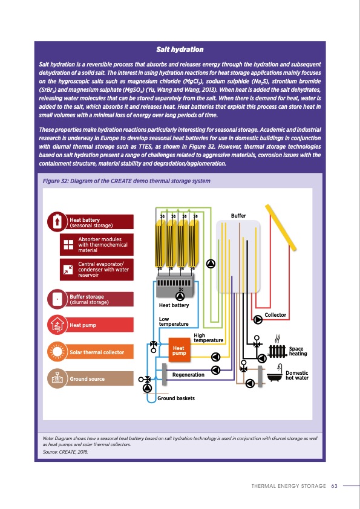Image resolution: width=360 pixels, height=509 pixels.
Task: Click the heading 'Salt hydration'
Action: [x=180, y=48]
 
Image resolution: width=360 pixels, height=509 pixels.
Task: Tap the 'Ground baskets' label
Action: [x=175, y=398]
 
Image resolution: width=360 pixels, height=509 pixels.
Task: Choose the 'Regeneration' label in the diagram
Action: [x=188, y=375]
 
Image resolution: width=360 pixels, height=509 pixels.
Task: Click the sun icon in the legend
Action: [x=57, y=352]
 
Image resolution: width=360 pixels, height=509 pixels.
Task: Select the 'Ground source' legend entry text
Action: [x=87, y=379]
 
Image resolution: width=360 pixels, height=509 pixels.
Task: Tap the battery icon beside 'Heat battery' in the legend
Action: [x=57, y=222]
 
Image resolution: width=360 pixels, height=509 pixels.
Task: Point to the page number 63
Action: [x=334, y=485]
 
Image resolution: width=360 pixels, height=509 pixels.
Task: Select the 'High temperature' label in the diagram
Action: [x=209, y=338]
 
